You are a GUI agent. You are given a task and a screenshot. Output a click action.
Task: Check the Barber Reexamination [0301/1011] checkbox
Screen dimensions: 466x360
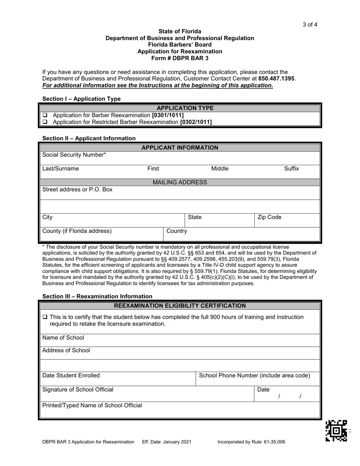point(45,115)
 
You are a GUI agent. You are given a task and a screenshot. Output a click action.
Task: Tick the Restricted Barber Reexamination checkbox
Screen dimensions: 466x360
point(45,122)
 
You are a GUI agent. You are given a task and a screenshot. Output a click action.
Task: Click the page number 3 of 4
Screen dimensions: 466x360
point(310,25)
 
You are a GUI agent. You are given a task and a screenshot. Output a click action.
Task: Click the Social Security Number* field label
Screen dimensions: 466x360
point(74,155)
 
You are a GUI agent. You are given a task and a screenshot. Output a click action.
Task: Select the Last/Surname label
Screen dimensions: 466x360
point(61,169)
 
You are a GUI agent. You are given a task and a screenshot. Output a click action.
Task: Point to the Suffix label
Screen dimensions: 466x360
point(291,169)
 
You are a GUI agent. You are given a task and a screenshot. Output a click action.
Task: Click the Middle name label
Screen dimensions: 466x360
point(220,169)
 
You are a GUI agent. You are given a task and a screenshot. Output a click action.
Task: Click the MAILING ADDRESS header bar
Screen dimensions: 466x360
point(180,182)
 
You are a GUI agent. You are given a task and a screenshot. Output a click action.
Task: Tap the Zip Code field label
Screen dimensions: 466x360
point(269,217)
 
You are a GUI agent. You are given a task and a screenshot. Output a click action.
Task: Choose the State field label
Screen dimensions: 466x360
point(195,217)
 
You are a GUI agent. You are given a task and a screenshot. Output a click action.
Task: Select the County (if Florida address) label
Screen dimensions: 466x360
point(77,231)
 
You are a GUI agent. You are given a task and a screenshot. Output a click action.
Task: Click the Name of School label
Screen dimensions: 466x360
point(63,338)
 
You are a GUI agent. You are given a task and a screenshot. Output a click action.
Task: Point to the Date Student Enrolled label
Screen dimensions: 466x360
point(71,375)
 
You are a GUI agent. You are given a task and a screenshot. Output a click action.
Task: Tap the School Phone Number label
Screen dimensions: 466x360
point(254,375)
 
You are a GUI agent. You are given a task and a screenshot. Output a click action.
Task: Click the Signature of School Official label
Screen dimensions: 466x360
point(78,389)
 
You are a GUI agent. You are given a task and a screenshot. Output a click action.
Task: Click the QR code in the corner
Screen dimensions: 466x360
point(337,431)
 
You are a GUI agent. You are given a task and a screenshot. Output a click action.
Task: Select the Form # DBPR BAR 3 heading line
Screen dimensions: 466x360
point(180,58)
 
